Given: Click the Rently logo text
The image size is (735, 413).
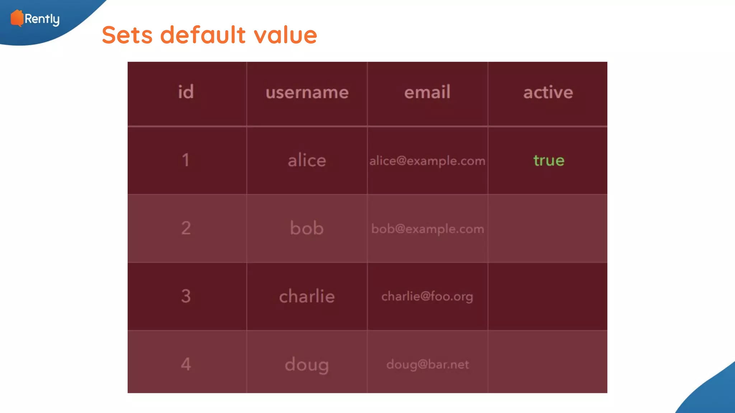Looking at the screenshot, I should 42,19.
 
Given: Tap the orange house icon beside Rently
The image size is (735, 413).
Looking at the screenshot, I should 17,18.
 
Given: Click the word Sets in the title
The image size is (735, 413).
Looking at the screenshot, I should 127,35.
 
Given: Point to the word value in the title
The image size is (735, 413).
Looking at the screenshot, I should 285,35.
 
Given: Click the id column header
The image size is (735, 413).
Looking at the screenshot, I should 186,92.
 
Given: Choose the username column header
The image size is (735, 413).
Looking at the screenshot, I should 307,92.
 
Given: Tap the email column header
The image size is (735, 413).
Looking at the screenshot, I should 427,92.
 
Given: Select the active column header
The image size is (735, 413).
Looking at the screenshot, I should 548,92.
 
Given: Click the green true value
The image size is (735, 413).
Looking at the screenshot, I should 549,160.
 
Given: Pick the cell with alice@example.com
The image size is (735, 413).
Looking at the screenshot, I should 427,161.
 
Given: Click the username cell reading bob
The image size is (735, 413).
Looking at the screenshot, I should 307,228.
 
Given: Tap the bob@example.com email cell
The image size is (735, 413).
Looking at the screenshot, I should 427,229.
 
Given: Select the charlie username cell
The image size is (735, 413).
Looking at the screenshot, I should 307,296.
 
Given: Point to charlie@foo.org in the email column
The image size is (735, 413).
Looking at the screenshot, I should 427,296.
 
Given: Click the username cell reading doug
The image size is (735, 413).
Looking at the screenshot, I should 307,365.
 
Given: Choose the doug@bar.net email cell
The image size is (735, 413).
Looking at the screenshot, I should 427,365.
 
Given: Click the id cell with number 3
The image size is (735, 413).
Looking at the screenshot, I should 186,296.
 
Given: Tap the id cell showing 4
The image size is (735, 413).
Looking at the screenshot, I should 186,364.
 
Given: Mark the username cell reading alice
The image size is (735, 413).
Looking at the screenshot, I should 307,160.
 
